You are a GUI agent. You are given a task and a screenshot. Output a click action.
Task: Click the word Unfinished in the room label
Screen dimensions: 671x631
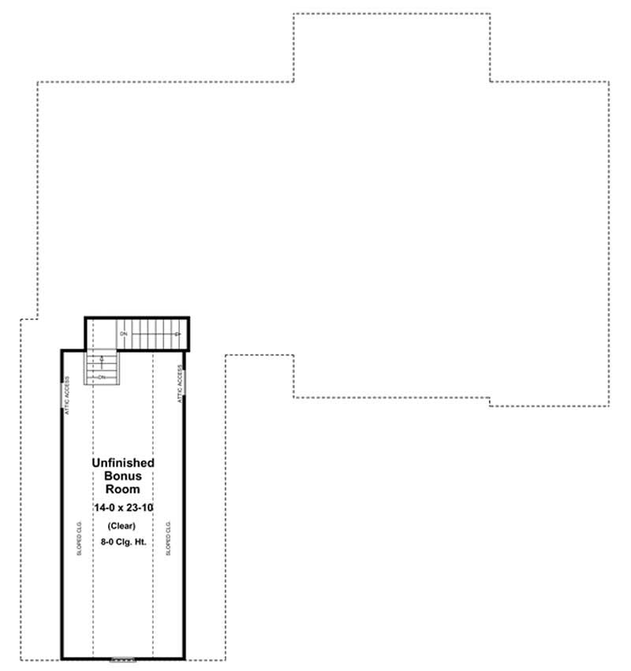[122, 463]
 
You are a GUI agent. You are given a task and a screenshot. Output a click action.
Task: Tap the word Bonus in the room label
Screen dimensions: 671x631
[122, 476]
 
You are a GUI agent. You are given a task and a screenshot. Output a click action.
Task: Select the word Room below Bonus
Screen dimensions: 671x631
[122, 490]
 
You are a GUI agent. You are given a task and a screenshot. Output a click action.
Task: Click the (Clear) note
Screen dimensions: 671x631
[122, 526]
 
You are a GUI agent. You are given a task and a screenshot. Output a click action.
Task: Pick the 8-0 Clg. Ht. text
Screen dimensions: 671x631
[122, 542]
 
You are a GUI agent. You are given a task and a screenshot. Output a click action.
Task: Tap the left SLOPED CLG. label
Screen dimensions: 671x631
[79, 538]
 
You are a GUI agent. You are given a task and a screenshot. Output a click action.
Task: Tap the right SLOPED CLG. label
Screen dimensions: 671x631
[168, 538]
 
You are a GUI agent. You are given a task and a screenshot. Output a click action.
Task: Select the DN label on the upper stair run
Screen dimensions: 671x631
[124, 335]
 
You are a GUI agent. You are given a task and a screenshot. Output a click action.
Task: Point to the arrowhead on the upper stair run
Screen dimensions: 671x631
[179, 335]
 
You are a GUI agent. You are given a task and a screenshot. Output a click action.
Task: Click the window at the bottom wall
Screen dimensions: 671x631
[123, 658]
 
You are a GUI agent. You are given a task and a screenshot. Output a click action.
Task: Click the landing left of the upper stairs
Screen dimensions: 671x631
[101, 332]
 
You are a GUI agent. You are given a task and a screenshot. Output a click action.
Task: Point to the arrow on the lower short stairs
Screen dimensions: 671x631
[101, 361]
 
